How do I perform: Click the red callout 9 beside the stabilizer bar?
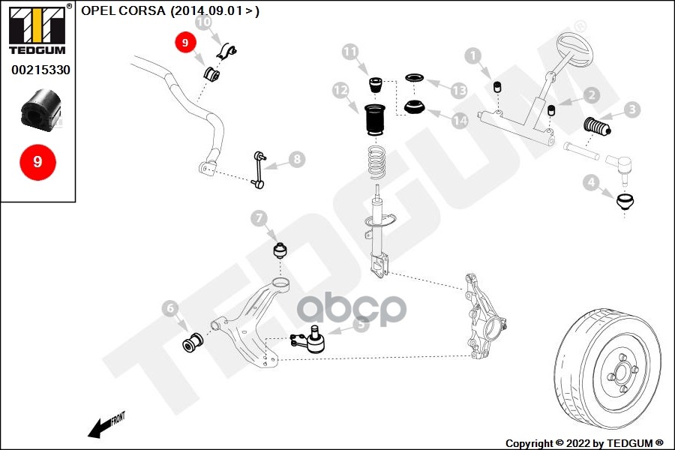[x=184, y=43]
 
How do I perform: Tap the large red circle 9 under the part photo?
[x=37, y=161]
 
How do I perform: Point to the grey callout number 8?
[x=297, y=159]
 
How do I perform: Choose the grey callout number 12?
[x=341, y=91]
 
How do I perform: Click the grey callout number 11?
[x=351, y=52]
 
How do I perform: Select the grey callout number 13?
[x=459, y=90]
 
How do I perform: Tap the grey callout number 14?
[x=459, y=118]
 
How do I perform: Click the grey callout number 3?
[x=632, y=110]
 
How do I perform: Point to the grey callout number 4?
[x=592, y=181]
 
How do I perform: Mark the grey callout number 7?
[x=259, y=218]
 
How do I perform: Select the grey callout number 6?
[x=170, y=307]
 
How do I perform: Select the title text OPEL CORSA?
[x=123, y=10]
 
